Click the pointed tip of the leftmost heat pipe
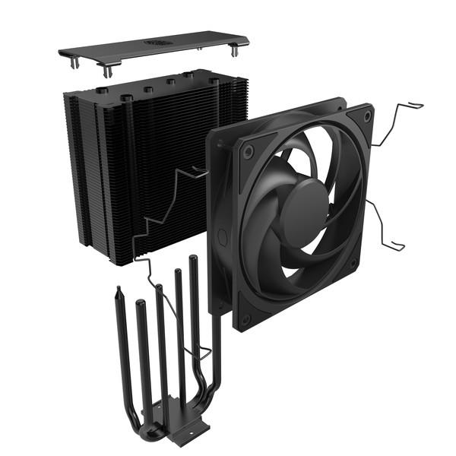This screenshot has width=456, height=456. click(x=119, y=290)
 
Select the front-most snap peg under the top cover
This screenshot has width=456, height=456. click(x=107, y=71)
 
